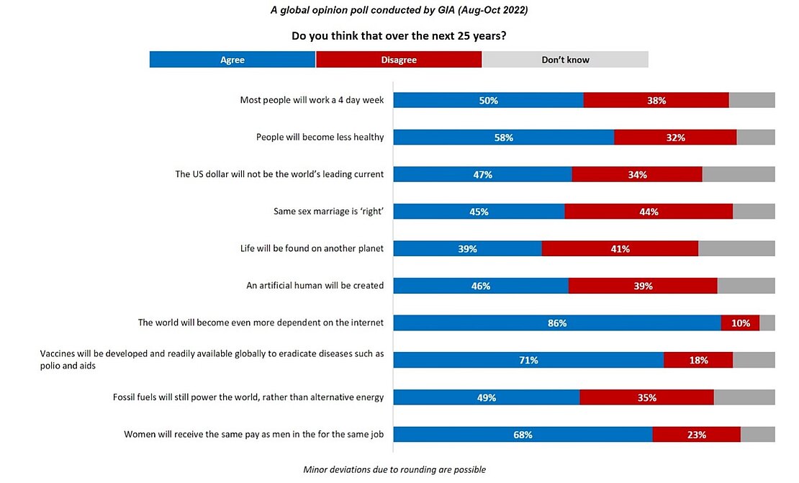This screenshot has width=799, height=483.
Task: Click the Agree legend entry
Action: (232, 60)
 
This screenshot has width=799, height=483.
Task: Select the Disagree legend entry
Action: (399, 60)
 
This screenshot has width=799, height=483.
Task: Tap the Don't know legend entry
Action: (565, 60)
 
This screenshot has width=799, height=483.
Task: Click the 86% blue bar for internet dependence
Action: (557, 323)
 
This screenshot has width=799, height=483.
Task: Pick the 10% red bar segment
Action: (740, 323)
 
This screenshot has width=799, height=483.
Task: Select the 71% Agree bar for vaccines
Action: (528, 361)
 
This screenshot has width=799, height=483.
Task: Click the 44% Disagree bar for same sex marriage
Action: (649, 212)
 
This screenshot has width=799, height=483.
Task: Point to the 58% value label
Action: (504, 137)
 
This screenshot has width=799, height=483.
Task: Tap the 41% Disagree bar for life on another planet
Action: (620, 249)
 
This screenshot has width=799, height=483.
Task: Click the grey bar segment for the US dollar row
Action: (738, 174)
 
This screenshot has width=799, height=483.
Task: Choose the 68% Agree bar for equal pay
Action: (523, 435)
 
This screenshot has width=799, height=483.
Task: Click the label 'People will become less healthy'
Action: (320, 137)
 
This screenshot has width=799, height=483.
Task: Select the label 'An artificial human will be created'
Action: (315, 286)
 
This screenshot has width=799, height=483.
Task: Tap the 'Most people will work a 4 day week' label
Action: (312, 100)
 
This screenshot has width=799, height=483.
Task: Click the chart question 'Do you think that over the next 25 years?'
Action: (399, 35)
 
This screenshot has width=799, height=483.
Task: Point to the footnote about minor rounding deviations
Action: (394, 470)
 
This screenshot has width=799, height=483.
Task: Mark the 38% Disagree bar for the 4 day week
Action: (656, 100)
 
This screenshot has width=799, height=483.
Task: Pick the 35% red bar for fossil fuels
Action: (646, 397)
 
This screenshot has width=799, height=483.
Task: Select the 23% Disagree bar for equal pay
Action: (696, 435)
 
